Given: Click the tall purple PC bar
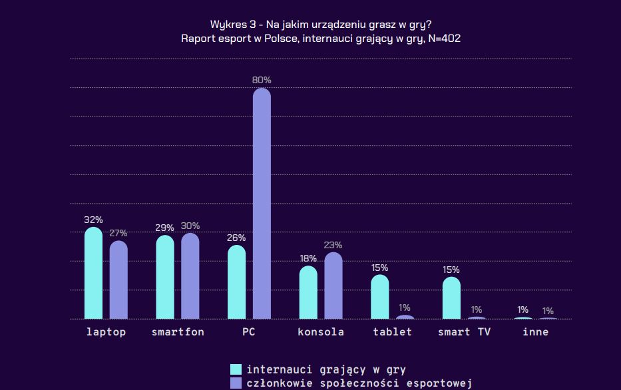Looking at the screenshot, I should click(262, 203).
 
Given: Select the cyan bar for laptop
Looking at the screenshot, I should click(93, 273).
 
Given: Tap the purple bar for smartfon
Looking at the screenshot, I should click(190, 276).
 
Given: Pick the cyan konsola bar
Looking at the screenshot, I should click(308, 293).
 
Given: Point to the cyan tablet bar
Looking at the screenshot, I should click(379, 297).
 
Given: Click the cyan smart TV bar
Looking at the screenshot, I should click(451, 298).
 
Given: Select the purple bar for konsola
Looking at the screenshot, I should click(333, 286).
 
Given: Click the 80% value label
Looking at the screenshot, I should click(262, 80).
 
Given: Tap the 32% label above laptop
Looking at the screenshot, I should click(93, 220).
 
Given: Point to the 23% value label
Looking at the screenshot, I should click(333, 245).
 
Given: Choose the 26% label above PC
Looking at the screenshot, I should click(236, 238).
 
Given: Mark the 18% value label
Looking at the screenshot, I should click(308, 258).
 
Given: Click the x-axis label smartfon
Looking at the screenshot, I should click(178, 331).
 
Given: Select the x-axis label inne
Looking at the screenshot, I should click(536, 331).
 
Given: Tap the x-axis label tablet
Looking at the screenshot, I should click(392, 331).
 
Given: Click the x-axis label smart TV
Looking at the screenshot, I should click(464, 331).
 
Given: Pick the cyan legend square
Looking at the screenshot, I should click(236, 369).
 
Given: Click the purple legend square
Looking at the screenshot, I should click(236, 383).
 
